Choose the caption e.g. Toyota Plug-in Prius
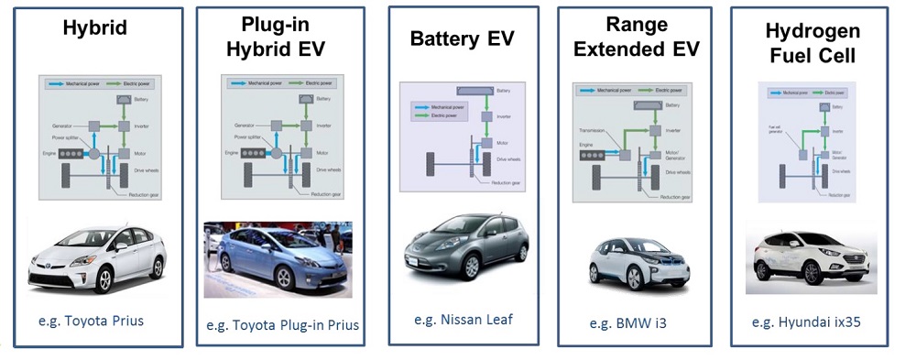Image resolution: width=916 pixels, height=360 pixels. point(281,324)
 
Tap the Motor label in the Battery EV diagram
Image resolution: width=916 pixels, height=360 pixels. point(503,143)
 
